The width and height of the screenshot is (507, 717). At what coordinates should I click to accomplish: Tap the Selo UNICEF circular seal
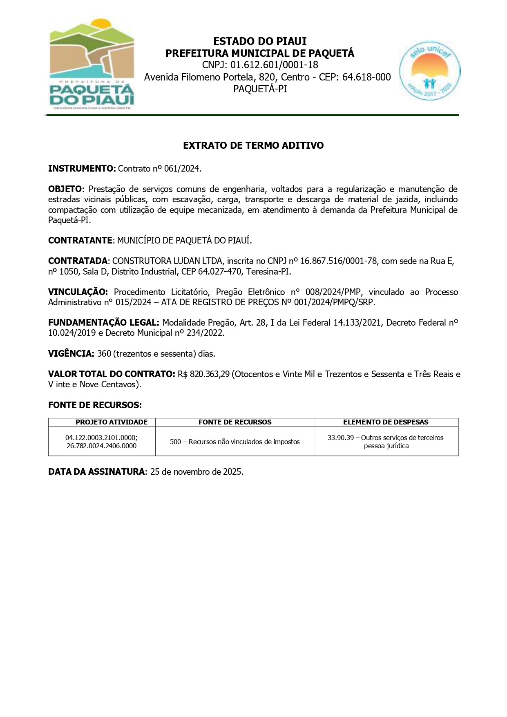pos(429,71)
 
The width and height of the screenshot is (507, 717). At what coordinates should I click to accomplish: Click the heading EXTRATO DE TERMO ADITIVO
pos(253,145)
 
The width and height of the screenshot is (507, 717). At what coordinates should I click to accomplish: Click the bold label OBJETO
pos(65,189)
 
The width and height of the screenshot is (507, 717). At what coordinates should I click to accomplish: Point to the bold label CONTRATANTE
pos(80,240)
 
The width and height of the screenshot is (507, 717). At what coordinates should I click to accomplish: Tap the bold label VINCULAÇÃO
pos(78,292)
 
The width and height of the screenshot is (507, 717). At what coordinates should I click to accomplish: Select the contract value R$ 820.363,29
pos(204,374)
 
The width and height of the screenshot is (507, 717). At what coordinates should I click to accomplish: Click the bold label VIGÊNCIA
pos(71,354)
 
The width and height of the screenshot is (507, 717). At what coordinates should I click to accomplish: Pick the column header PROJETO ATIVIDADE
pos(112,422)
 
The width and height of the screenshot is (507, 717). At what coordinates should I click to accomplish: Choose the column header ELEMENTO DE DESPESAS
pos(386,422)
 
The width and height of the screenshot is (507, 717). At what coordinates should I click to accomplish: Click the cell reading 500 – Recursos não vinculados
pos(235,442)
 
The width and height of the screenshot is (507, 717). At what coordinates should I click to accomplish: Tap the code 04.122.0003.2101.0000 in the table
pos(101,438)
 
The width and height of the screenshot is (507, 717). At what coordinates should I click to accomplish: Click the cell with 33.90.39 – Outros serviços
pos(386,441)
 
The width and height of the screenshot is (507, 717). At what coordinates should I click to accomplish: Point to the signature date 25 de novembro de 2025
pos(197,472)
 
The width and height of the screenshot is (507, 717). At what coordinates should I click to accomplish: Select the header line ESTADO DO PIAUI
pos(260,41)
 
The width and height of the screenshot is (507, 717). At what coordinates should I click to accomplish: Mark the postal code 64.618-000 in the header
pos(366,77)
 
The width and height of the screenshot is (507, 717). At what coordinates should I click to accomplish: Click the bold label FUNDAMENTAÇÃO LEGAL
pos(103,323)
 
